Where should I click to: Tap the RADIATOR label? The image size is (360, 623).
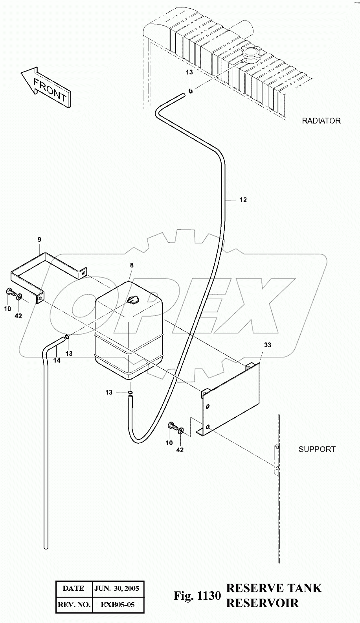coord(321,121)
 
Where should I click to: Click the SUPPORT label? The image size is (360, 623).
coord(317,449)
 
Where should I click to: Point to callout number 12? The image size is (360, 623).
coord(243,200)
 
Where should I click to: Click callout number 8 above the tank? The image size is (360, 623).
coord(132,265)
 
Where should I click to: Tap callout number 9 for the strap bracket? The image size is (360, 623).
coord(39,239)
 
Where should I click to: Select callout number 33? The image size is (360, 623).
coord(267,345)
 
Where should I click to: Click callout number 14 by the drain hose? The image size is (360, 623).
coord(57,360)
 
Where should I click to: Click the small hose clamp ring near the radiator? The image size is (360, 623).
coord(191,91)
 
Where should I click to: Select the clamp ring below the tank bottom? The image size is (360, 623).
coord(130,392)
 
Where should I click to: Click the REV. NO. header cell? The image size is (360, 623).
coord(74,604)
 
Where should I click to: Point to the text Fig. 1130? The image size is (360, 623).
coord(197,596)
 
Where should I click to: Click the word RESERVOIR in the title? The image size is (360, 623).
coord(262,603)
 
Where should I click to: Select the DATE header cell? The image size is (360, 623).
coord(73,588)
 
